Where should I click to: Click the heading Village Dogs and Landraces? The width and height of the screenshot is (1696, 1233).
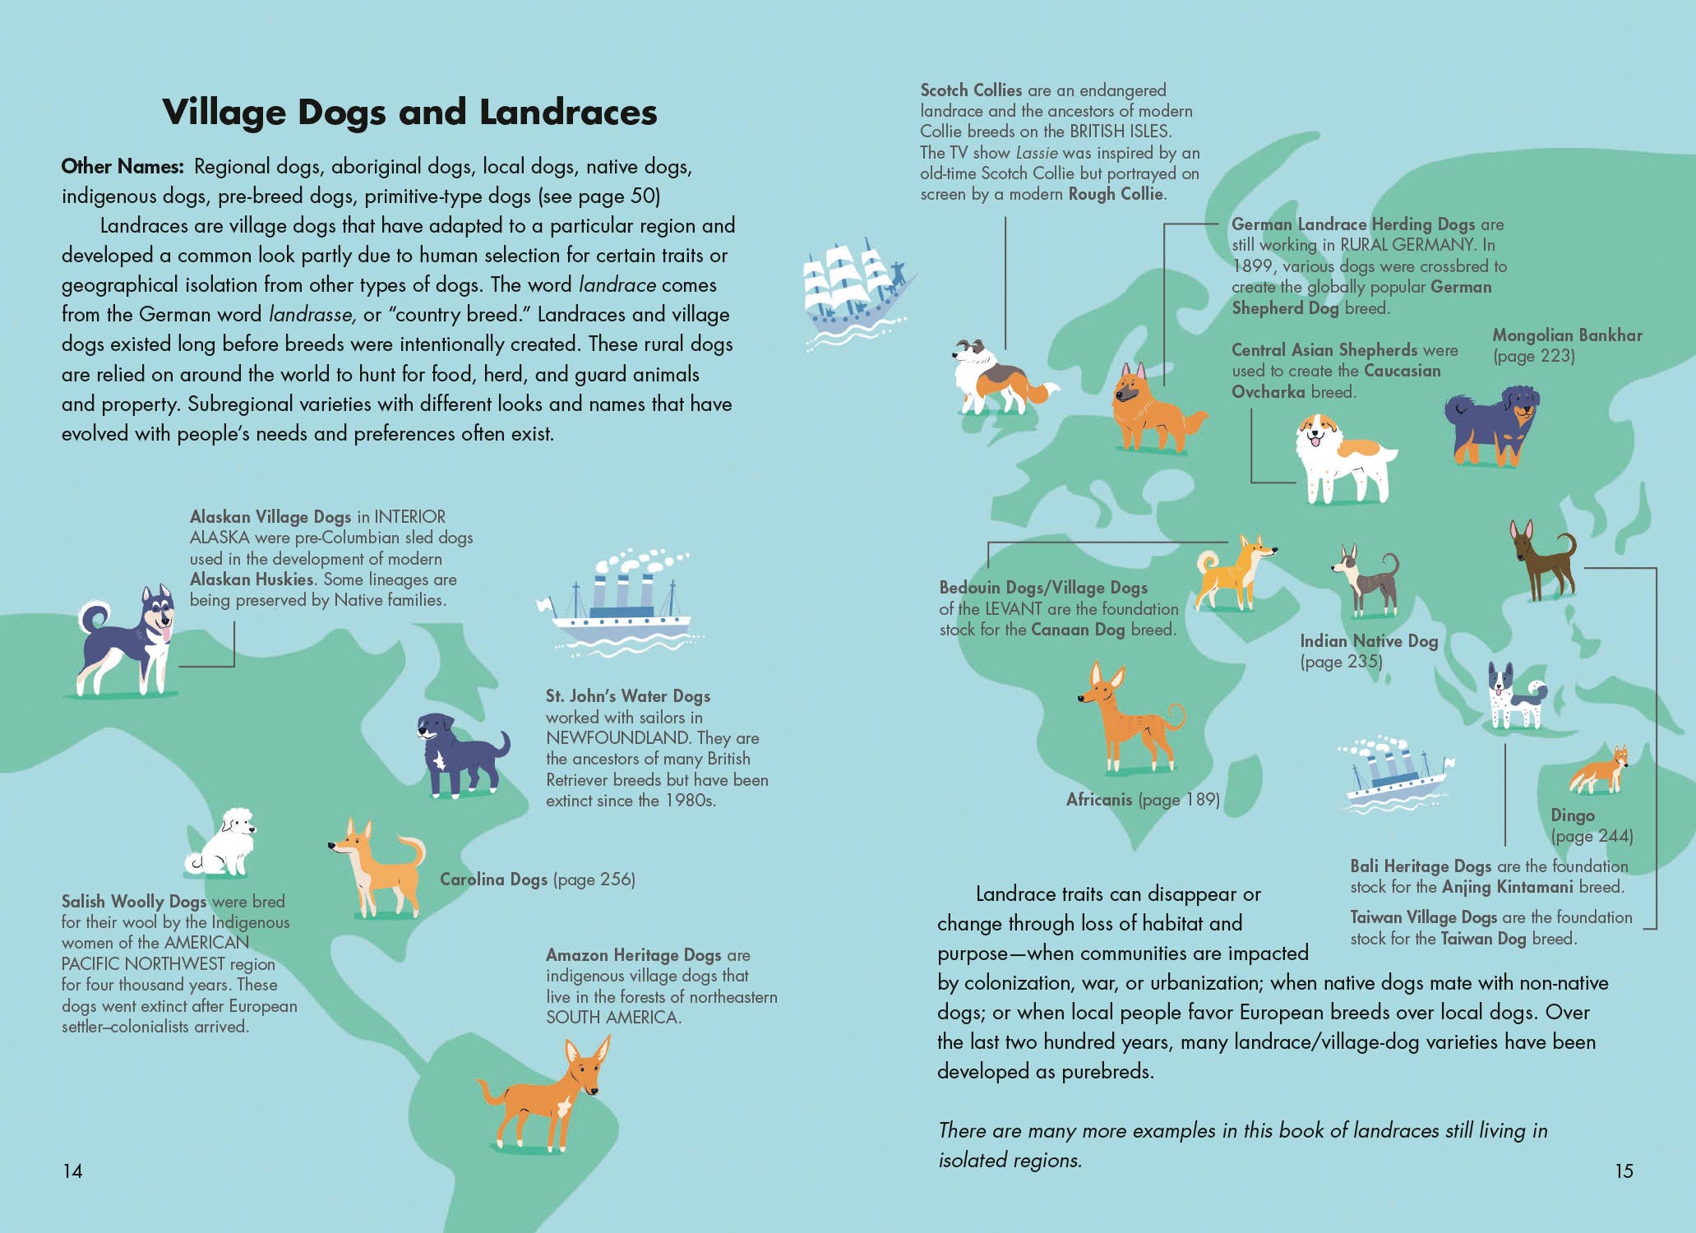click(x=409, y=113)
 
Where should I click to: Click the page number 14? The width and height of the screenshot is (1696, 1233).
click(x=72, y=1171)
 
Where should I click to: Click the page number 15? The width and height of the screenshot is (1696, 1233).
click(x=1624, y=1171)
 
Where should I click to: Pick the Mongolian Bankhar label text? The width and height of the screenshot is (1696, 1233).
click(x=1567, y=336)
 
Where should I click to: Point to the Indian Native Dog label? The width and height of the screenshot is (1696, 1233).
click(x=1369, y=641)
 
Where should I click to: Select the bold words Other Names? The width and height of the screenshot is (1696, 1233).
click(x=122, y=166)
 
